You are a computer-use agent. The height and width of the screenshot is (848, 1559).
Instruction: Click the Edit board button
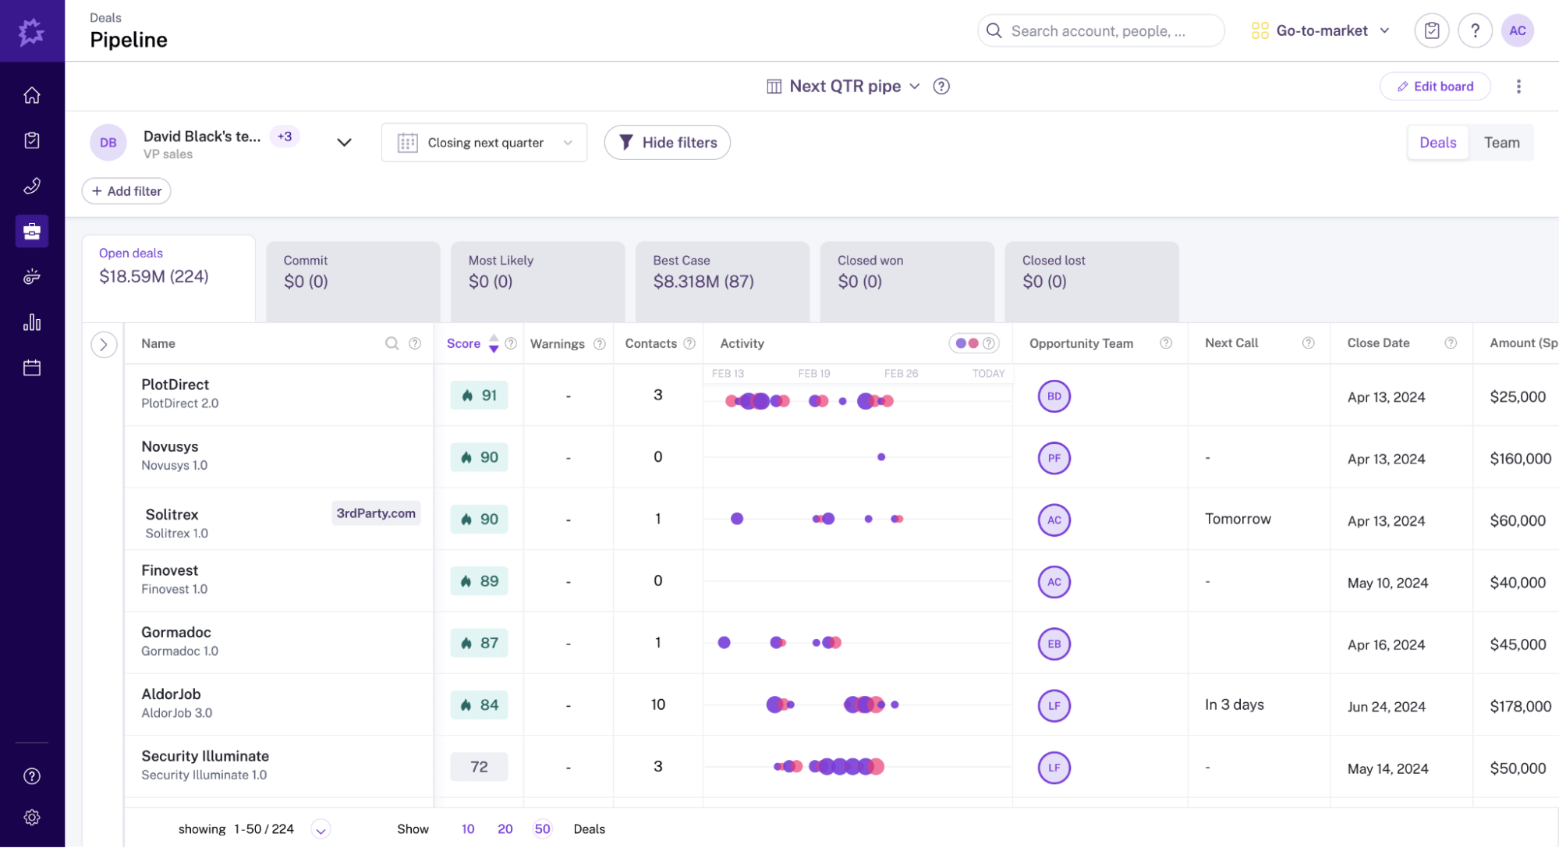pyautogui.click(x=1435, y=87)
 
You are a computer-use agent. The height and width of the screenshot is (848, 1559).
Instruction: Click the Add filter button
pyautogui.click(x=126, y=191)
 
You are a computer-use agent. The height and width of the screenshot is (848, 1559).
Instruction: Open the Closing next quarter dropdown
pyautogui.click(x=484, y=143)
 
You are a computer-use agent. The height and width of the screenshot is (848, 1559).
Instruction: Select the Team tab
pyautogui.click(x=1501, y=143)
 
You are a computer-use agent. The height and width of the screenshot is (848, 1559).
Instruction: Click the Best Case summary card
pyautogui.click(x=721, y=273)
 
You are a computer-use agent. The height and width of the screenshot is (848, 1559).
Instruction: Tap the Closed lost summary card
pyautogui.click(x=1091, y=273)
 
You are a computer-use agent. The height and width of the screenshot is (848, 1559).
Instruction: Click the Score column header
pyautogui.click(x=463, y=343)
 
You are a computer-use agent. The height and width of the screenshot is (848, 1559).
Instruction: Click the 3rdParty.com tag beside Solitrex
pyautogui.click(x=376, y=513)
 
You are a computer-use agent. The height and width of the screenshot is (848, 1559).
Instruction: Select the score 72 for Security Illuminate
pyautogui.click(x=479, y=767)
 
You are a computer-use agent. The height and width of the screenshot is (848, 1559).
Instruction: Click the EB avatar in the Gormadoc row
pyautogui.click(x=1054, y=644)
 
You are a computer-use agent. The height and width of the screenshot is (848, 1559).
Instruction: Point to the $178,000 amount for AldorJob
pyautogui.click(x=1520, y=706)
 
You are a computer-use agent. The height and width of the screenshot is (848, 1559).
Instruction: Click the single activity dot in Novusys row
pyautogui.click(x=881, y=457)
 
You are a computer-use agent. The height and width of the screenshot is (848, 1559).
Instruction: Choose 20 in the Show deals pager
pyautogui.click(x=505, y=829)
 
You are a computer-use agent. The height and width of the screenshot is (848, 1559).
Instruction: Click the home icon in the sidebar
pyautogui.click(x=32, y=95)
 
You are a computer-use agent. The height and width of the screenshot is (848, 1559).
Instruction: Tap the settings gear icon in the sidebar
pyautogui.click(x=32, y=818)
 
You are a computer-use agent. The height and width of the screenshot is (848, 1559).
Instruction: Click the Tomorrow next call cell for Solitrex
pyautogui.click(x=1238, y=520)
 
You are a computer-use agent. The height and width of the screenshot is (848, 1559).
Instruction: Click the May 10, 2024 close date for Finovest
pyautogui.click(x=1387, y=583)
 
